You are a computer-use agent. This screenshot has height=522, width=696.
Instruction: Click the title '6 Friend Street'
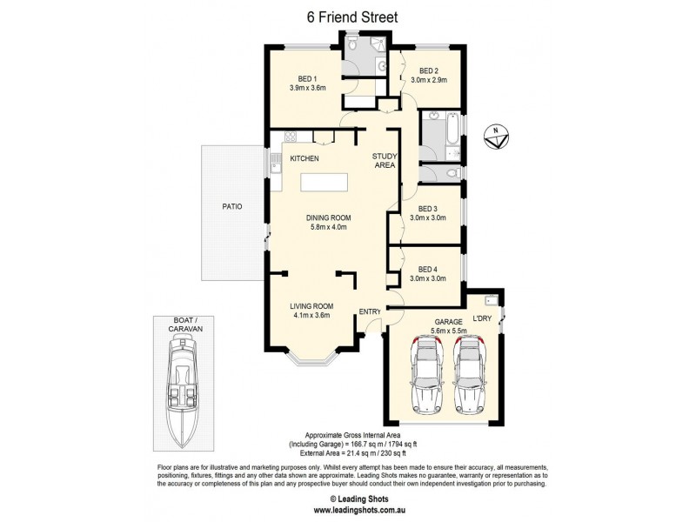click(x=347, y=17)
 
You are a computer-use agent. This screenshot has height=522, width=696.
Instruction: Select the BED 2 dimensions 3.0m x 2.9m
click(x=428, y=80)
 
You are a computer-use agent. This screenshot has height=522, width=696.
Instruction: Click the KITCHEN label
click(x=304, y=158)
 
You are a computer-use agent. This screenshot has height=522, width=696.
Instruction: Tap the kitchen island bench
click(x=325, y=183)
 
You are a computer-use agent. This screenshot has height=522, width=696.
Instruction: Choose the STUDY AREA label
click(x=385, y=160)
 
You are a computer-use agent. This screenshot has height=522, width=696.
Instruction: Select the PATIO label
click(x=231, y=207)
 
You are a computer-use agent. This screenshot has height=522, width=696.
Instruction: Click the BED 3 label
click(x=427, y=209)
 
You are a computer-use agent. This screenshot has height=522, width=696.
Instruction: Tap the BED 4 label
click(x=427, y=270)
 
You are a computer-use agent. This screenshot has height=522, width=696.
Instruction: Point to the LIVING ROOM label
click(x=311, y=305)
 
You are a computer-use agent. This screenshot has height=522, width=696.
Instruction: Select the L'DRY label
click(x=481, y=320)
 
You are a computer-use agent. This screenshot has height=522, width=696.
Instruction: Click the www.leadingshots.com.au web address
click(x=347, y=510)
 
